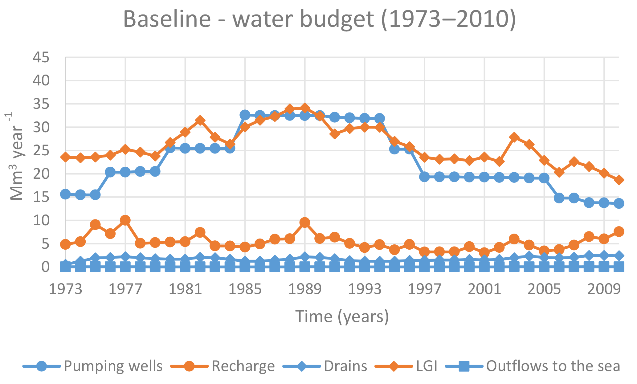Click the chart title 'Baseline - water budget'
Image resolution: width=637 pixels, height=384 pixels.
pos(319,19)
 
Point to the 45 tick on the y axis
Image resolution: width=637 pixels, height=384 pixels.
pos(41,58)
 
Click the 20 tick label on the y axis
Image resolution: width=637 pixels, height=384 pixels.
pos(41,174)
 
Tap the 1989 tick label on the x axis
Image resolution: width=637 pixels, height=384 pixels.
pos(305,289)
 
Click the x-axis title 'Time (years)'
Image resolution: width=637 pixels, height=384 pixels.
pos(342,317)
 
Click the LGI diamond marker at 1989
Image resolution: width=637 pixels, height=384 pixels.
pos(305,108)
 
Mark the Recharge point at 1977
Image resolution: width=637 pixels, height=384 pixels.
pos(125,220)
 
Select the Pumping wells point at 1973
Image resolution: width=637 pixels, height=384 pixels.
pos(65,194)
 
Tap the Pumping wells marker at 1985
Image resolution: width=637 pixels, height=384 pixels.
pos(245,115)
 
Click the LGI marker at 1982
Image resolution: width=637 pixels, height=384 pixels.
pos(200,120)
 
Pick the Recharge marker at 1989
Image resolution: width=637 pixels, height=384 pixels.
pos(305,222)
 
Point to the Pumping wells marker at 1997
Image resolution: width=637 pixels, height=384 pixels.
pos(424,177)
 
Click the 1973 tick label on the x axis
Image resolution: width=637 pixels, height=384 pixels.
pos(65,289)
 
